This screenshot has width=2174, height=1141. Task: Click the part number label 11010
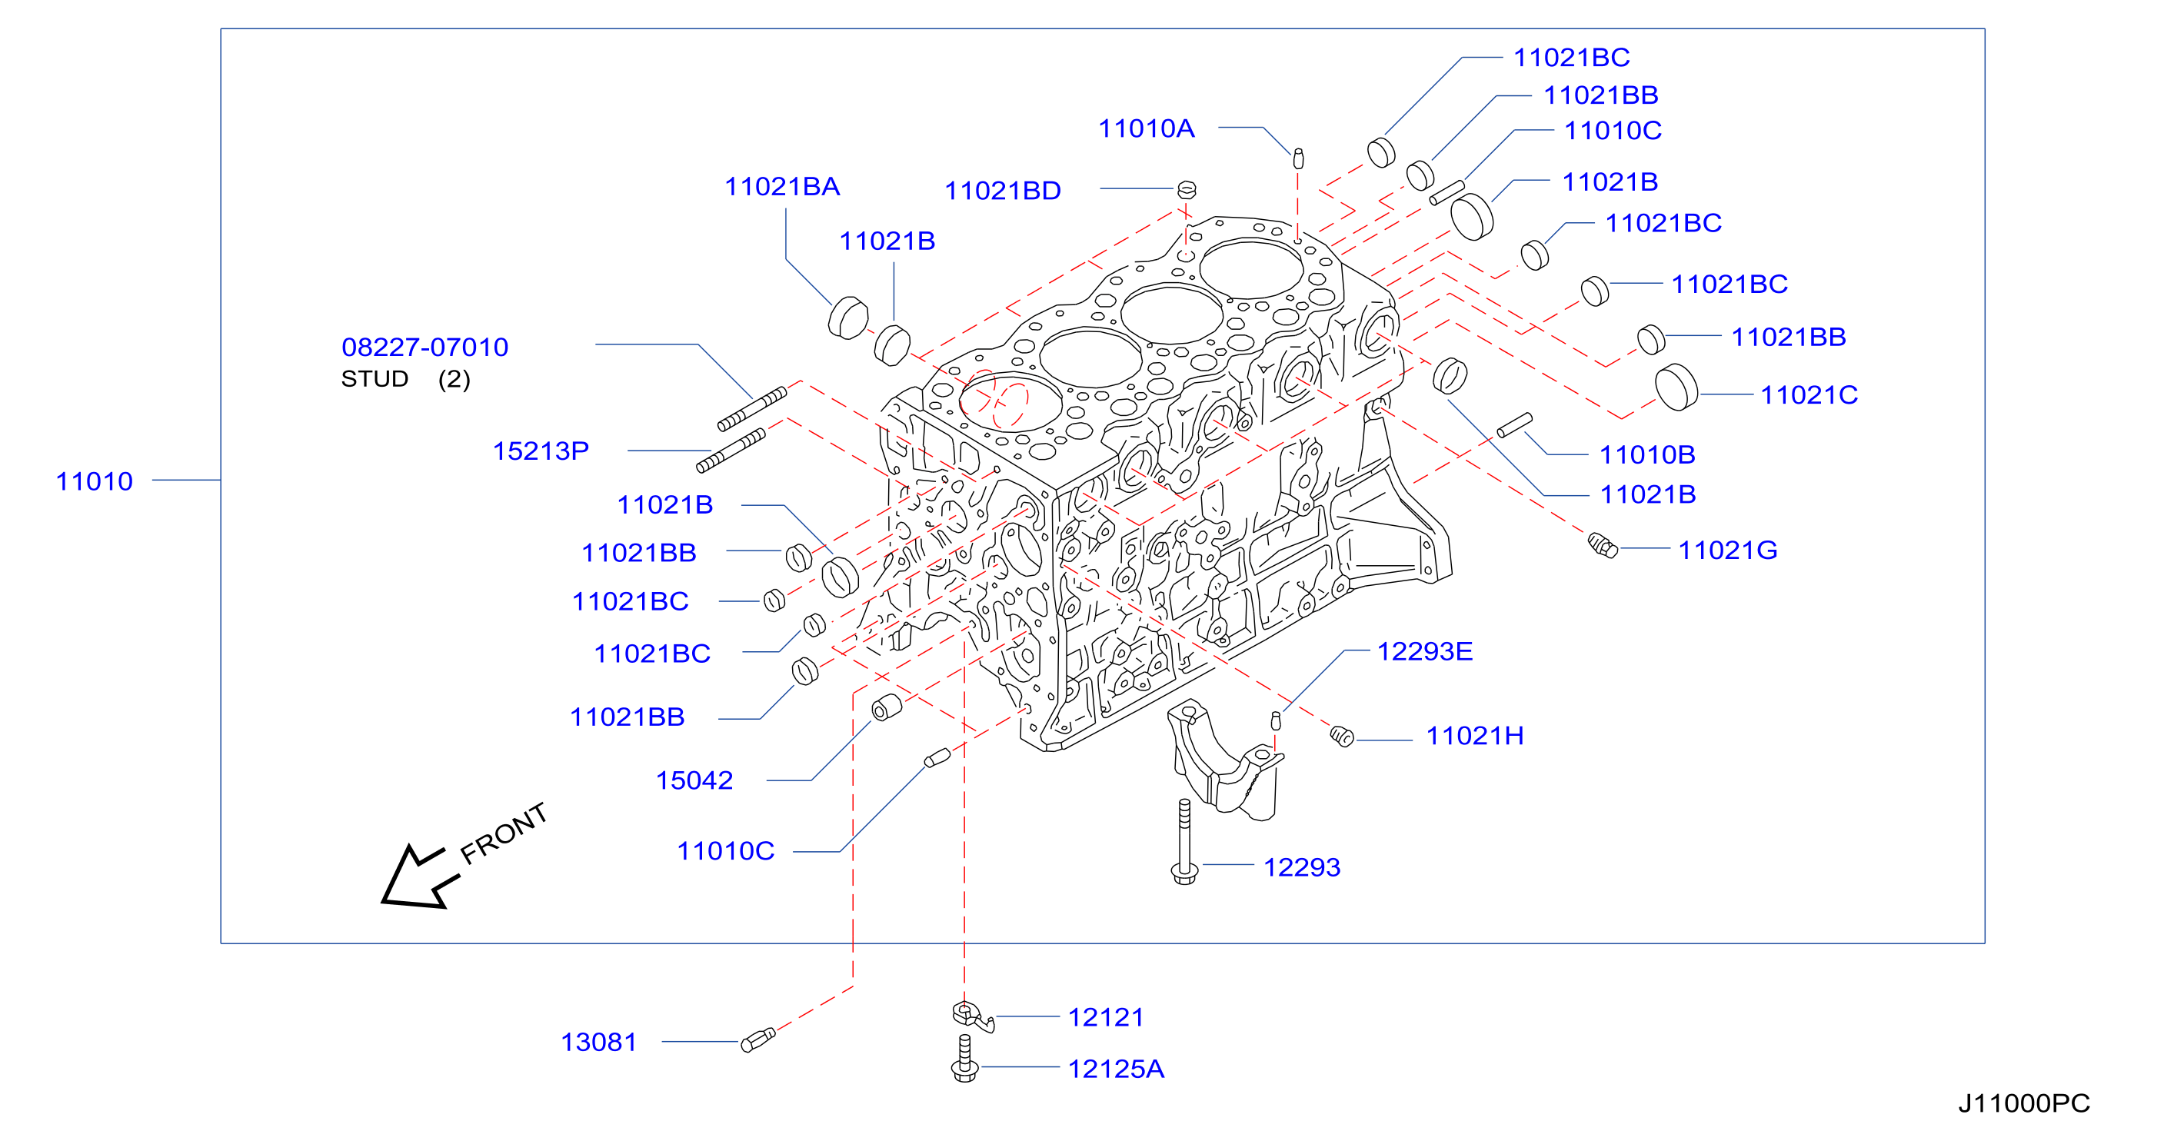(x=95, y=481)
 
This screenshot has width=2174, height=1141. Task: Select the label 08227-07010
(x=424, y=347)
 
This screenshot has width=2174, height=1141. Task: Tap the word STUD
(x=375, y=379)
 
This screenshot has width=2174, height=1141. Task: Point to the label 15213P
(x=541, y=451)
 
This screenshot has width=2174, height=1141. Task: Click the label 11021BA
(x=782, y=187)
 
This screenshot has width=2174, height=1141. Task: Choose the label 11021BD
(x=1003, y=191)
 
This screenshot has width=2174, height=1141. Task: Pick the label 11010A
(x=1146, y=128)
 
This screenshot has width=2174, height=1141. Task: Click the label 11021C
(x=1809, y=395)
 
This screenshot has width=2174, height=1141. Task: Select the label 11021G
(x=1727, y=551)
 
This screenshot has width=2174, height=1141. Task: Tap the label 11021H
(x=1475, y=736)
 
